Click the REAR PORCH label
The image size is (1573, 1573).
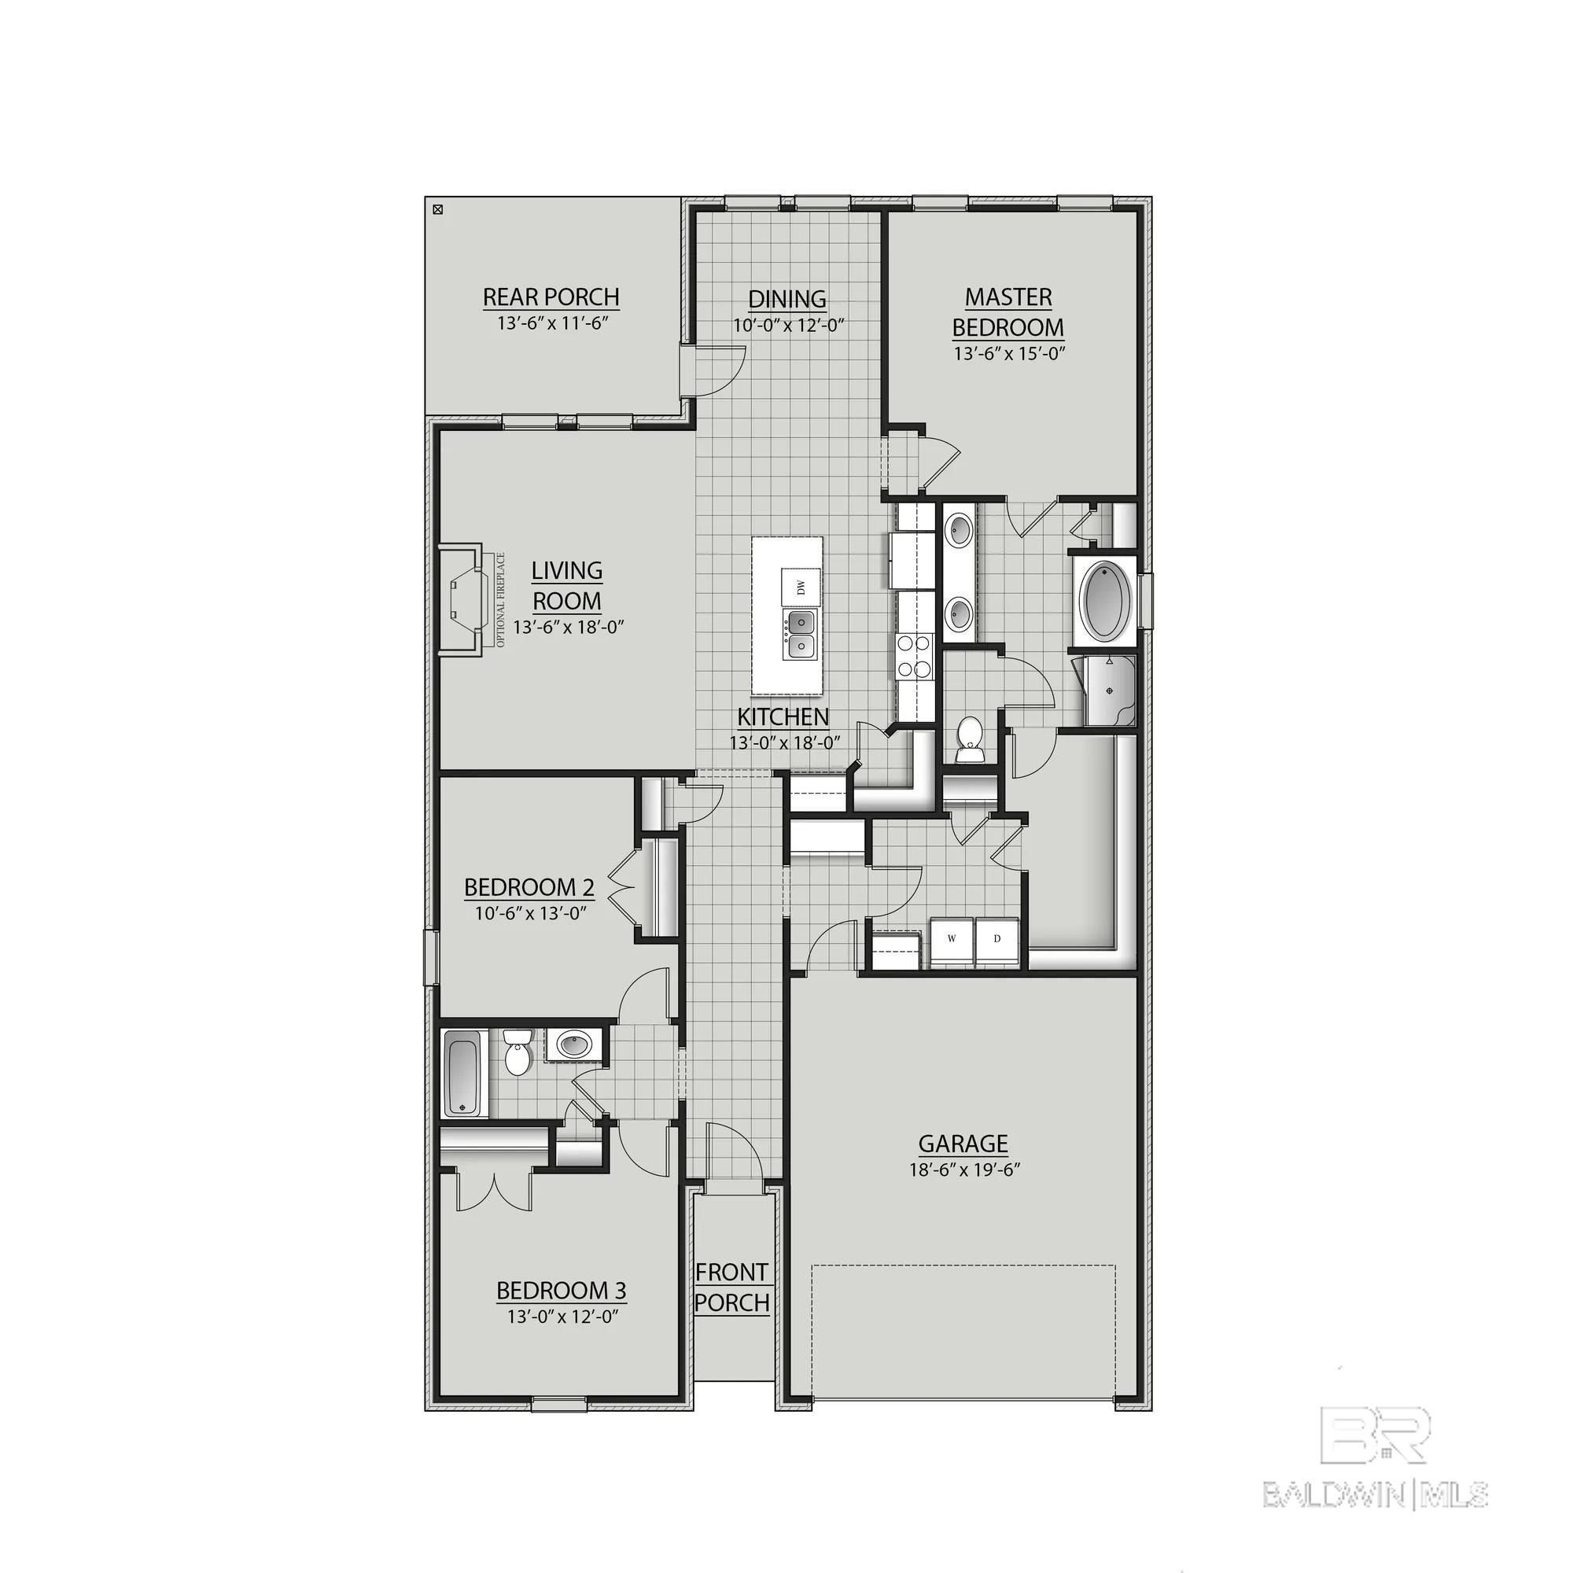click(x=551, y=297)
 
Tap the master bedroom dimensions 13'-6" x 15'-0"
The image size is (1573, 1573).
click(x=1009, y=354)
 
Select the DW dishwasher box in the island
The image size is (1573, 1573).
click(x=801, y=585)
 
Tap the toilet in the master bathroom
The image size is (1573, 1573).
click(x=969, y=737)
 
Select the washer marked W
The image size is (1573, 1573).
click(x=952, y=939)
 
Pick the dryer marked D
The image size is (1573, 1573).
click(x=996, y=939)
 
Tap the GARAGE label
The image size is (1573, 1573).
click(x=963, y=1144)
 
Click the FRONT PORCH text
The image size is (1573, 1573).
click(x=731, y=1288)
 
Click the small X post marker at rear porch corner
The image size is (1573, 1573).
click(x=437, y=210)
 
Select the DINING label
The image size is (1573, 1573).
click(x=786, y=299)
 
